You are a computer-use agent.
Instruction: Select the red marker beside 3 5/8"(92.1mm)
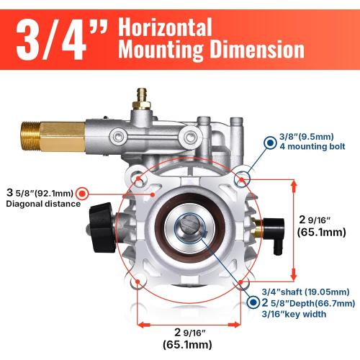click(82, 193)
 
